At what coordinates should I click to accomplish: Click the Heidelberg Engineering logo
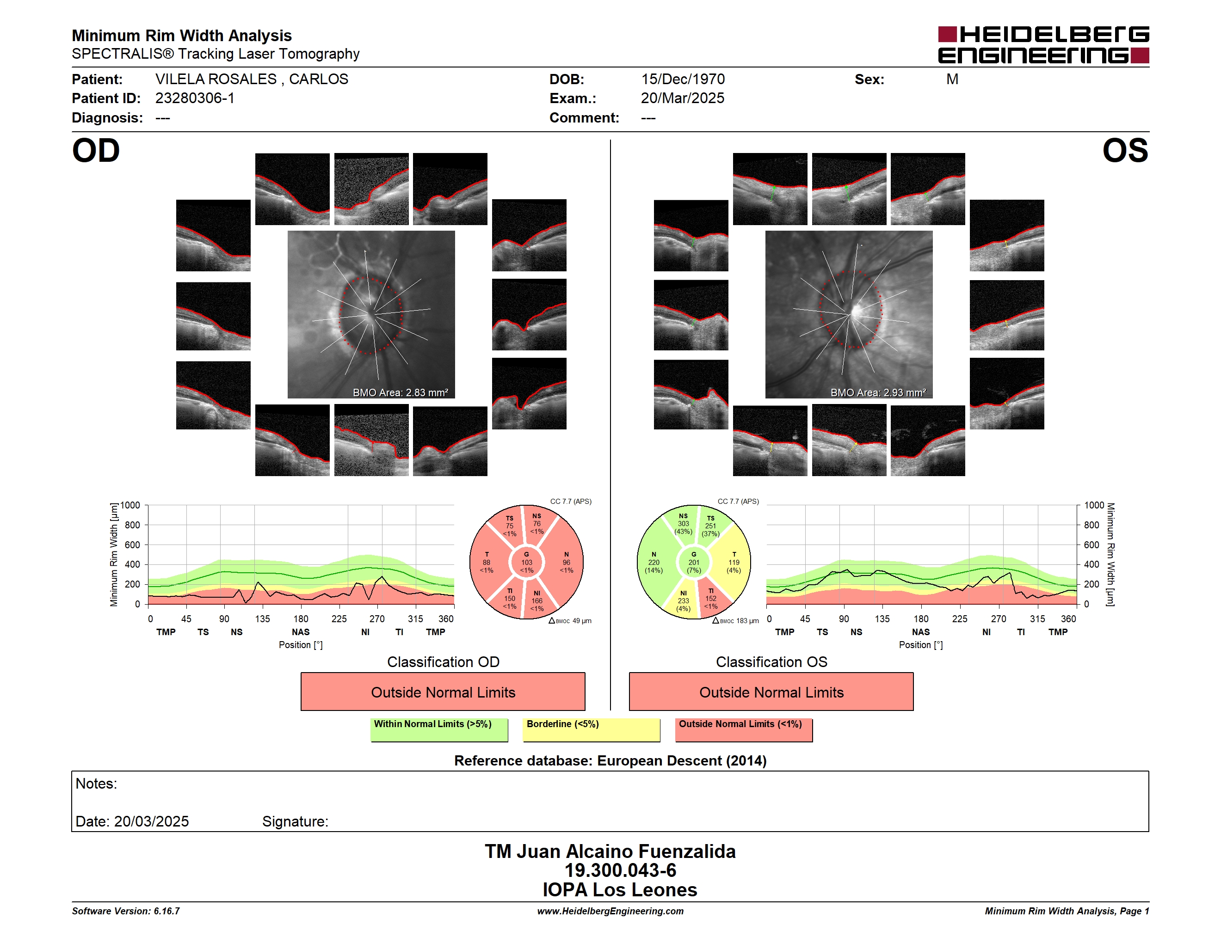pyautogui.click(x=1043, y=45)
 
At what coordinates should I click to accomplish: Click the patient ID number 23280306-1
pyautogui.click(x=195, y=98)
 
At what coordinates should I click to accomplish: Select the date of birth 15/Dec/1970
pyautogui.click(x=683, y=80)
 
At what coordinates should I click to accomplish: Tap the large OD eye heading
pyautogui.click(x=96, y=151)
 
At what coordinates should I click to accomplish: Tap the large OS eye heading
pyautogui.click(x=1125, y=151)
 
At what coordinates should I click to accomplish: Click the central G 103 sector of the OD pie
pyautogui.click(x=527, y=563)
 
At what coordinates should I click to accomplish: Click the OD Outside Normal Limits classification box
pyautogui.click(x=443, y=692)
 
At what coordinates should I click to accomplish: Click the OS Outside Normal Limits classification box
pyautogui.click(x=771, y=692)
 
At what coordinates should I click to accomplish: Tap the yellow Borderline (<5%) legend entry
pyautogui.click(x=591, y=729)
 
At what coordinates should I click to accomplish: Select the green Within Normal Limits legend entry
pyautogui.click(x=439, y=729)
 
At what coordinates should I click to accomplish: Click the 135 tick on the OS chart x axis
pyautogui.click(x=882, y=618)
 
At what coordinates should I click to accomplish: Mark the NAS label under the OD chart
pyautogui.click(x=300, y=632)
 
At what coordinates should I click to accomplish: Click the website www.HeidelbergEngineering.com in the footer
pyautogui.click(x=610, y=911)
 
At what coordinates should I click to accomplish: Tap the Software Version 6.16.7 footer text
pyautogui.click(x=126, y=911)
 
